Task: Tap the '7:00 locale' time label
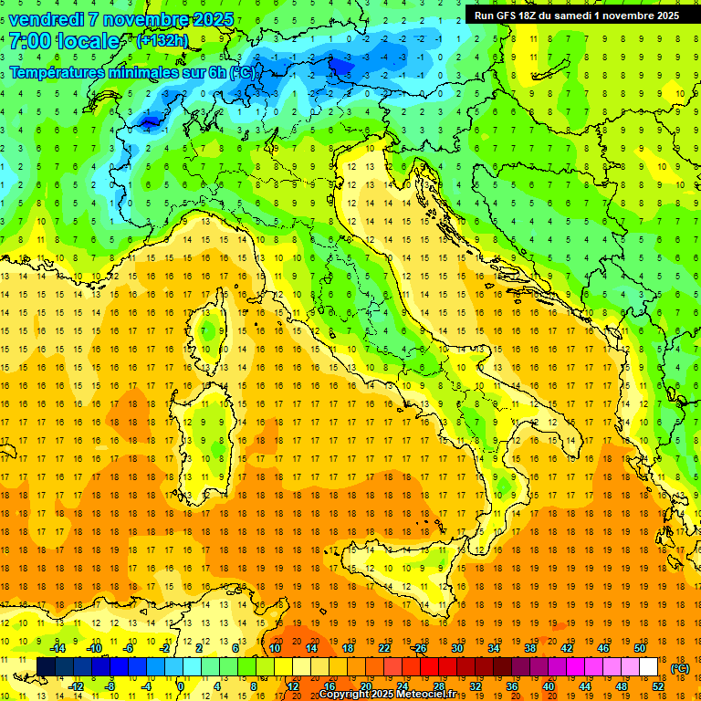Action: (64, 41)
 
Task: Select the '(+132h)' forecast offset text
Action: (162, 40)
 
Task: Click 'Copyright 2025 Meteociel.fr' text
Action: (393, 695)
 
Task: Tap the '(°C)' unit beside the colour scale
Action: (680, 668)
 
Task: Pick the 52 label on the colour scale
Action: (658, 686)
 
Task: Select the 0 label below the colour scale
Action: (181, 686)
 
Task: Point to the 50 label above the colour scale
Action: (640, 648)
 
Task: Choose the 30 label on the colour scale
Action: (457, 648)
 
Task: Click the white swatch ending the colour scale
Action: (649, 667)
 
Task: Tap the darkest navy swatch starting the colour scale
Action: (46, 667)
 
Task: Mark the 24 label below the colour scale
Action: (403, 686)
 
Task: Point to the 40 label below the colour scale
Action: (549, 686)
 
